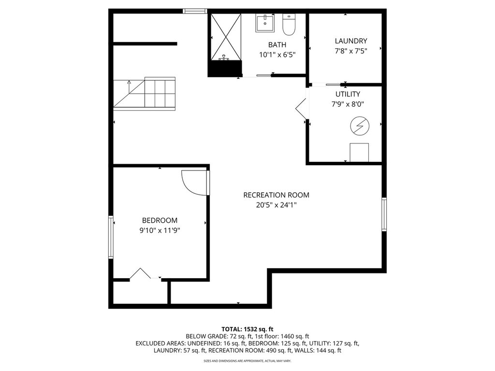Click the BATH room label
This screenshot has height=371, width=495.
point(277,45)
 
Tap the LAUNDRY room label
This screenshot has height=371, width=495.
point(351,41)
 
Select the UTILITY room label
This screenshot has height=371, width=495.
point(348,94)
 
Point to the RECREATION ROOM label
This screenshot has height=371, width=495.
point(276,195)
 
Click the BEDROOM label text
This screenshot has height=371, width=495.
point(160,220)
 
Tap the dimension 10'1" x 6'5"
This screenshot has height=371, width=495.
point(277,55)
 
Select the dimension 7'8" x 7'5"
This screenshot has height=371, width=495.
point(351,51)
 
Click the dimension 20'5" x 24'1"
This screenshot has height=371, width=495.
point(276,205)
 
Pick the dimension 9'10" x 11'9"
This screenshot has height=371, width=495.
point(160,230)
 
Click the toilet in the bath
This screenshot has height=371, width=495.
point(288,25)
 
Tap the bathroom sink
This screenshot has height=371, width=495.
point(264,23)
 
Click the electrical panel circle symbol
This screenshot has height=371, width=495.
point(360,127)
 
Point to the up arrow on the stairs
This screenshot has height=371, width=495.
point(129,86)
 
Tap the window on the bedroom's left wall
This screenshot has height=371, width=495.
point(111,237)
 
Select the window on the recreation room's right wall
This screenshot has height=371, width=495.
point(384,214)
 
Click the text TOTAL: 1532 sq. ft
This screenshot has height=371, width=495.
point(247,329)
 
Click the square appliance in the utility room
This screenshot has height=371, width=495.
point(359,153)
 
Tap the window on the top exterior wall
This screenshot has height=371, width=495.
point(195,11)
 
